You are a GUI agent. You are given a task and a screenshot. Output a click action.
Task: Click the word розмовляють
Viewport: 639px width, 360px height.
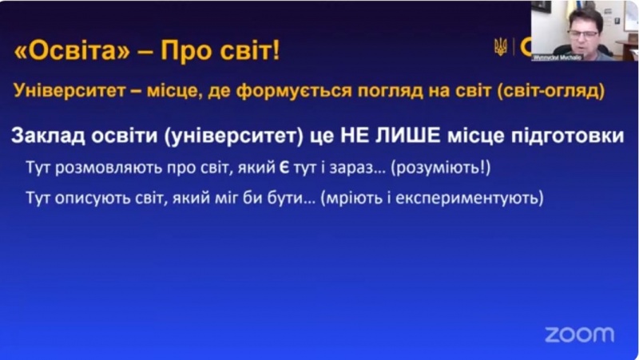tap(102, 168)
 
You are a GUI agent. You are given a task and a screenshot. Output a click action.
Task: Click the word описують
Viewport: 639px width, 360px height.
tap(88, 196)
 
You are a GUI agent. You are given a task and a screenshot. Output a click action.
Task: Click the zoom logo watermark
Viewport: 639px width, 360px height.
tap(579, 334)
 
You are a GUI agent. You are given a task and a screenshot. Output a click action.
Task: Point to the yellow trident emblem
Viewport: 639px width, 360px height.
tap(501, 47)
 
